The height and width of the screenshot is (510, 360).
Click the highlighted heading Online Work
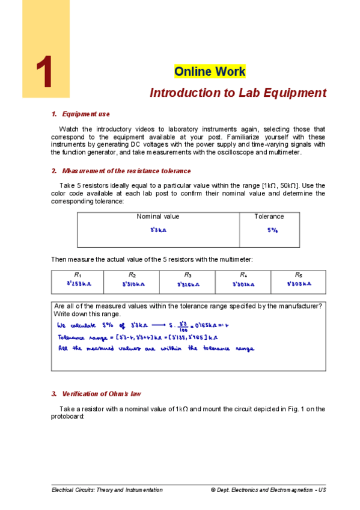coord(210,72)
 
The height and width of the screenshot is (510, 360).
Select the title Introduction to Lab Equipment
coord(237,93)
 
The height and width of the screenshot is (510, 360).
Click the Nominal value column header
coord(158,217)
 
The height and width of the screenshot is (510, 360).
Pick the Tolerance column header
coord(269,217)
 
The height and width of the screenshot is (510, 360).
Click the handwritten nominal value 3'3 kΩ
coord(158,230)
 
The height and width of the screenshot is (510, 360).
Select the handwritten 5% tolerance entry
coord(272,230)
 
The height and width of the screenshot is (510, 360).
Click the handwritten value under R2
coord(132,283)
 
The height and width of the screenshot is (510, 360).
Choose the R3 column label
coord(188,274)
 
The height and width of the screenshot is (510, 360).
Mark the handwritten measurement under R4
coord(243,283)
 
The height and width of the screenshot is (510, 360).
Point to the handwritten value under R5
coord(299,283)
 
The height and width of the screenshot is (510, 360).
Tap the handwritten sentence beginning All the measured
coord(155,349)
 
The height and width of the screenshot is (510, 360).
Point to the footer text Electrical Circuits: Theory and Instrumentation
coord(107,490)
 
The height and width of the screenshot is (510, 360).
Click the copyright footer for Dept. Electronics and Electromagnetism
coord(268,490)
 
